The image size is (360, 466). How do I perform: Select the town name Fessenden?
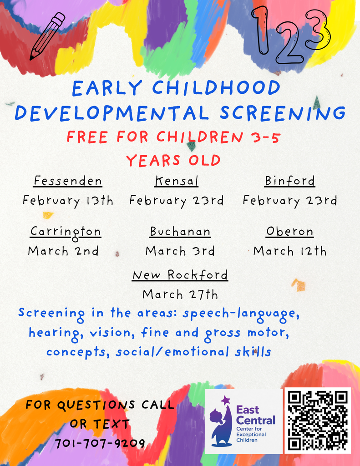(68, 181)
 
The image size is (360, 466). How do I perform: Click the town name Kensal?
(177, 181)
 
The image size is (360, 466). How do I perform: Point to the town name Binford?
(290, 181)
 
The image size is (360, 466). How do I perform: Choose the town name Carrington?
(66, 232)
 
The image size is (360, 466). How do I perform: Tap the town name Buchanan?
(180, 232)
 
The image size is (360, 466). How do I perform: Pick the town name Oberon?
(290, 232)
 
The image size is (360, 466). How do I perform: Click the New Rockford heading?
(180, 275)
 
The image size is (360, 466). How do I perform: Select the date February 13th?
(68, 201)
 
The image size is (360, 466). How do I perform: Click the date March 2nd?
(63, 251)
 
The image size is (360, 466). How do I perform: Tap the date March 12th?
(290, 251)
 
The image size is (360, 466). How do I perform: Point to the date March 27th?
(180, 294)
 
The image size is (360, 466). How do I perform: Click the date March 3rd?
(180, 251)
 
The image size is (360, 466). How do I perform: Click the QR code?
(318, 420)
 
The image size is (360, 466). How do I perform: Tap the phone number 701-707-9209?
(100, 443)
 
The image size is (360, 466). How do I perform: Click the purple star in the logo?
(225, 400)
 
